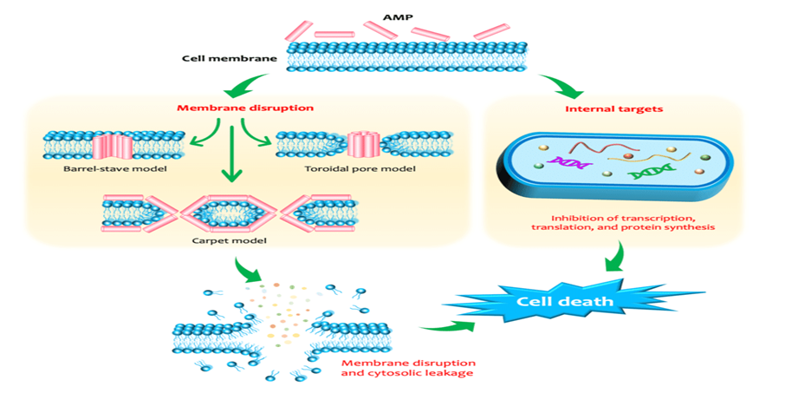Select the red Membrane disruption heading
(x=244, y=108)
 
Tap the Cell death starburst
(x=566, y=302)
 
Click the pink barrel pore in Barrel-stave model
(x=113, y=144)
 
